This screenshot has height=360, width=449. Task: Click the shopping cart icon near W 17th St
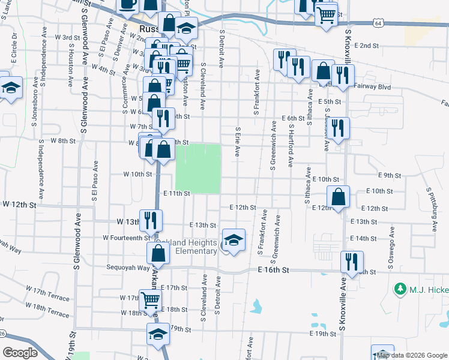(x=150, y=299)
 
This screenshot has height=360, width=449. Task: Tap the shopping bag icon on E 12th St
(x=339, y=197)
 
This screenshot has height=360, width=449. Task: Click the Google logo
(x=20, y=353)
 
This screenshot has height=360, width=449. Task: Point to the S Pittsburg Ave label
(x=430, y=209)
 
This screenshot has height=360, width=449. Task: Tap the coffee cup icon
(x=127, y=5)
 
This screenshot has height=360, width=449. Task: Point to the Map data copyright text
(x=412, y=355)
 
